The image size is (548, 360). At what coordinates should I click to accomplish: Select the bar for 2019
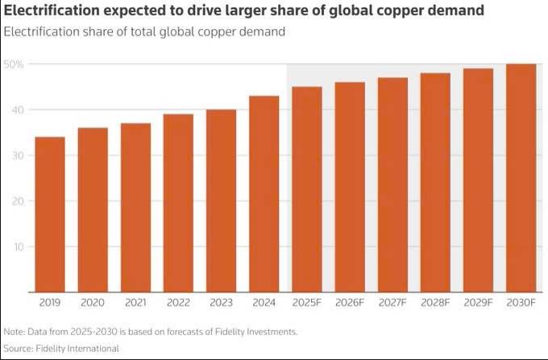pos(50,214)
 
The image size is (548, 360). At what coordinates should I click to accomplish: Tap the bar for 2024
pos(264,194)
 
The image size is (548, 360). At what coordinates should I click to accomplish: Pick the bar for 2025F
pos(306,189)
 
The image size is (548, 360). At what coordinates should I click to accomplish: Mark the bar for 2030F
pos(521,178)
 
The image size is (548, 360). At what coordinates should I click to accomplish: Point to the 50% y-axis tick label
pos(14,64)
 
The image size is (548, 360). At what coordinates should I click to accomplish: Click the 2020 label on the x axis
pos(93,303)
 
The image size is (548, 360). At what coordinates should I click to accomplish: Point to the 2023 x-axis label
pos(221,303)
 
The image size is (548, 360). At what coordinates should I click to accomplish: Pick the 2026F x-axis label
pos(350,303)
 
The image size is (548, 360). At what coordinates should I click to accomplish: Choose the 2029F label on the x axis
pos(478,303)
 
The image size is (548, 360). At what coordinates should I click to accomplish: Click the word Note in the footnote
pos(14,332)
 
